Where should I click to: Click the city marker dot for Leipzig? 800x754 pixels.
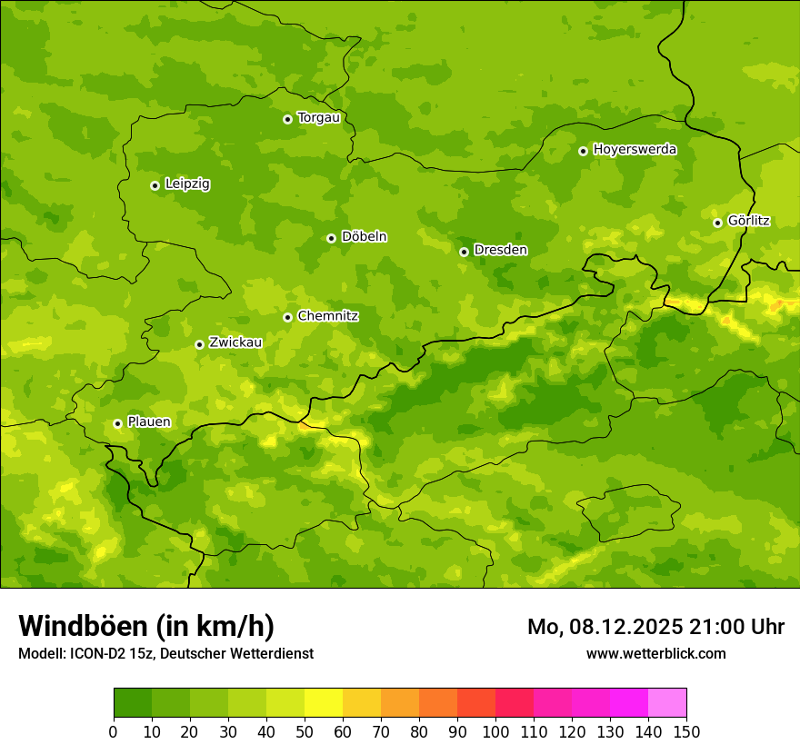pyautogui.click(x=155, y=185)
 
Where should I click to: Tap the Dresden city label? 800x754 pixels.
pyautogui.click(x=500, y=250)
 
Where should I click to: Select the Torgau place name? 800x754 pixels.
pyautogui.click(x=318, y=117)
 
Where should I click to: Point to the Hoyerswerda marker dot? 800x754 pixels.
pyautogui.click(x=583, y=151)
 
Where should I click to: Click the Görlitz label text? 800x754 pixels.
pyautogui.click(x=748, y=221)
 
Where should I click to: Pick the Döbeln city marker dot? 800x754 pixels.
pyautogui.click(x=331, y=238)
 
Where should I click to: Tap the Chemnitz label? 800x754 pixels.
pyautogui.click(x=327, y=316)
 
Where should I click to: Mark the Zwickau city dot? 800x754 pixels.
pyautogui.click(x=199, y=344)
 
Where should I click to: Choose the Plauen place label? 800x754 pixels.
pyautogui.click(x=148, y=422)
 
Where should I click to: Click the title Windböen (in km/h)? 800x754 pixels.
pyautogui.click(x=145, y=626)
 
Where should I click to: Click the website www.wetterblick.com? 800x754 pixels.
pyautogui.click(x=655, y=653)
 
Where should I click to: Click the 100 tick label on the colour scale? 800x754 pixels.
pyautogui.click(x=495, y=731)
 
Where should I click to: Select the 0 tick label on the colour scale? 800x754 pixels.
pyautogui.click(x=114, y=731)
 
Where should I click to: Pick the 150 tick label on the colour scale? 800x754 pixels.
pyautogui.click(x=686, y=731)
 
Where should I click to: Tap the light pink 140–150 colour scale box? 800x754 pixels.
pyautogui.click(x=667, y=702)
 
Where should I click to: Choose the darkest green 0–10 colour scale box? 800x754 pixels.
pyautogui.click(x=133, y=702)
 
